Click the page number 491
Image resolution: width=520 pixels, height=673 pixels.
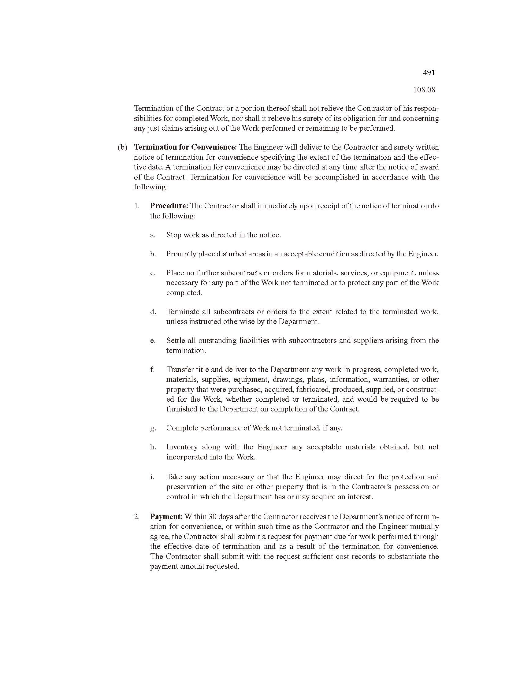click(429, 73)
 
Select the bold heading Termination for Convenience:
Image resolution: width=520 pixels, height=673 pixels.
click(185, 147)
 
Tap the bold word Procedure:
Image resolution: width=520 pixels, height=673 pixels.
click(169, 206)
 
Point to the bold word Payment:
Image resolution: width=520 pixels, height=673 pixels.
click(166, 516)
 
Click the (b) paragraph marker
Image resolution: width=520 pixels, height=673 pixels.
click(122, 147)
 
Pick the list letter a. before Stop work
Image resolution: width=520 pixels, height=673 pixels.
click(153, 235)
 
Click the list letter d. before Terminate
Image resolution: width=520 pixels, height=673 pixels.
click(153, 311)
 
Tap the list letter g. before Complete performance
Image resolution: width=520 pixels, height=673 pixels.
click(153, 428)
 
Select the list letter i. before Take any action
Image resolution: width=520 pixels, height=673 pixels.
click(152, 477)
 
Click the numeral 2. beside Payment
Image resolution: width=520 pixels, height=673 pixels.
click(137, 516)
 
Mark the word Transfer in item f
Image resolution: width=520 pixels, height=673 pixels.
click(179, 370)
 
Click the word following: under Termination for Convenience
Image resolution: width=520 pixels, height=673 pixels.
click(150, 187)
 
